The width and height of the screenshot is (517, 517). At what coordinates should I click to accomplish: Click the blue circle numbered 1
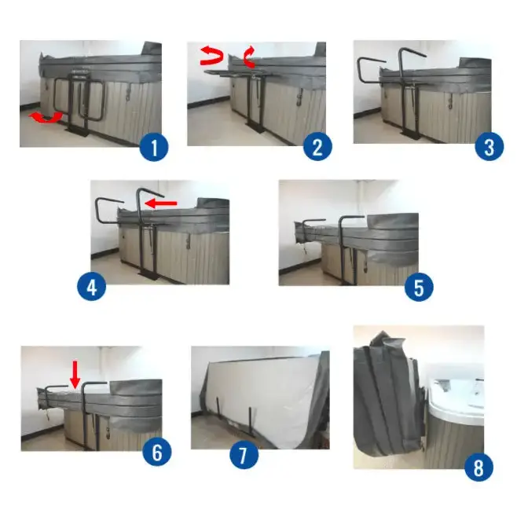point(154,148)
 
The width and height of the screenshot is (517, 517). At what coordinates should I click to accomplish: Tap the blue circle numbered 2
point(317,147)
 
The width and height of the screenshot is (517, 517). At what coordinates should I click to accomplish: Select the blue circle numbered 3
point(489,147)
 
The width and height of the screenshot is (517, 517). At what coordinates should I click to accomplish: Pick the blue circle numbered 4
point(92,286)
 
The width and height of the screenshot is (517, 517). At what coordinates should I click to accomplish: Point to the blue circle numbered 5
point(419,287)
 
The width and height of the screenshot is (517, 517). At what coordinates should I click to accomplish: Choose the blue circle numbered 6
point(157,452)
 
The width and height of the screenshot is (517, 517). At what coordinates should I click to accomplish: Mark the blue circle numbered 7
point(244,455)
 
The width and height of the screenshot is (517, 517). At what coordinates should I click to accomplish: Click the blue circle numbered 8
point(478,467)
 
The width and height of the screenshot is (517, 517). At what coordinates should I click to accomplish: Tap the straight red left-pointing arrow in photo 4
point(161,203)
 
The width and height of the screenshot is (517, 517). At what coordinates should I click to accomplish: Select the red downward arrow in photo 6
point(75,374)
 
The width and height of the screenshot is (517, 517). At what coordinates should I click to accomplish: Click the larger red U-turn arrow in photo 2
point(211,56)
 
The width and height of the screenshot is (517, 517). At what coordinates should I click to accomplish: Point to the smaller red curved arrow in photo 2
point(250,57)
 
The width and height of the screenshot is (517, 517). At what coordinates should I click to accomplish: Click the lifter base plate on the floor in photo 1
point(77,131)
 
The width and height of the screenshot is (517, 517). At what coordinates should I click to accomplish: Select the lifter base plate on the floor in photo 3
point(410,135)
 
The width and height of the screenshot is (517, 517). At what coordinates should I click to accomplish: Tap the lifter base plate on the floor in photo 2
point(256,127)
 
